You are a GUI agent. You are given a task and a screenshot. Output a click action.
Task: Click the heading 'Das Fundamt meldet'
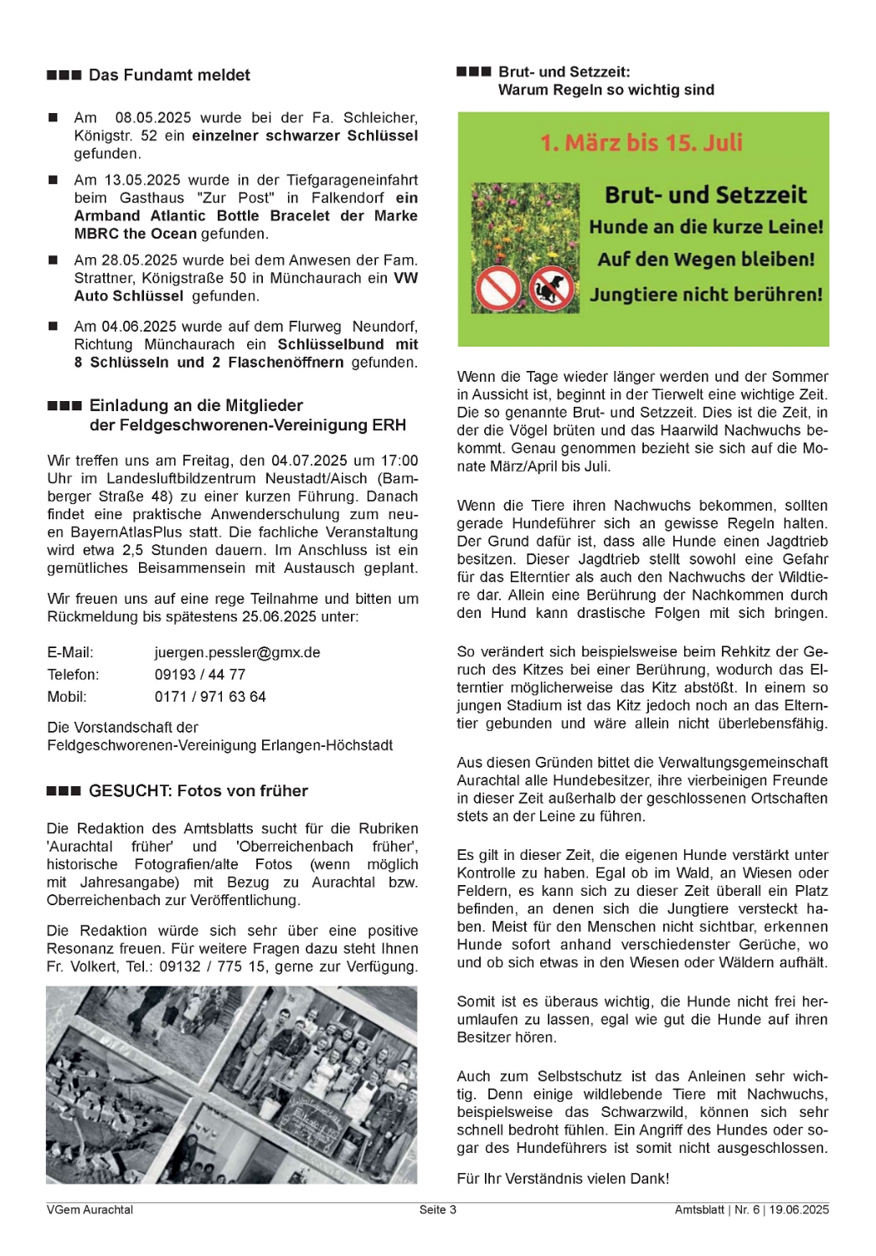[x=169, y=75]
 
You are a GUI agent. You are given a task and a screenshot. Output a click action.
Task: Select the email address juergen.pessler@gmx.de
[x=237, y=652]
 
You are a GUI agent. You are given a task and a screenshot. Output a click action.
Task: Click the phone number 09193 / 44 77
[x=200, y=674]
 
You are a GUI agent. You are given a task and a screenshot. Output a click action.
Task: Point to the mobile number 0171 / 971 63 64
[x=210, y=697]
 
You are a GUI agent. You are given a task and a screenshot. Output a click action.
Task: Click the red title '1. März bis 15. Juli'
[x=642, y=142]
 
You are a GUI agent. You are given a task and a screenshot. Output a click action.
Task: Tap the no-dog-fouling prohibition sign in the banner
[x=551, y=289]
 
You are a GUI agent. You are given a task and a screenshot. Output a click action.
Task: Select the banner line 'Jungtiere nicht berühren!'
[x=706, y=295]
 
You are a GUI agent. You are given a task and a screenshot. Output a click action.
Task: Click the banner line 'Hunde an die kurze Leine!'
[x=706, y=227]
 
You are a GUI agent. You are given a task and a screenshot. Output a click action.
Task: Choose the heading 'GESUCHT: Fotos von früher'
[x=198, y=791]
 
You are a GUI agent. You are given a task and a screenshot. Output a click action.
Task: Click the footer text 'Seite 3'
[x=438, y=1210]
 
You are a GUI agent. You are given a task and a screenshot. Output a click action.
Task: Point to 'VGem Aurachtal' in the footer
[x=90, y=1210]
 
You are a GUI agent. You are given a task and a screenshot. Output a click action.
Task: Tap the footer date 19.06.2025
[x=799, y=1210]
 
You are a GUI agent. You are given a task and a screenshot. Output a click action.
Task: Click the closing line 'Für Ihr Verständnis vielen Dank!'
[x=563, y=1179]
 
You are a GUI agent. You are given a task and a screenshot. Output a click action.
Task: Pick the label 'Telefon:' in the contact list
[x=73, y=674]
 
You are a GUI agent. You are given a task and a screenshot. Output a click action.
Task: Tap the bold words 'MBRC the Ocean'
[x=135, y=234]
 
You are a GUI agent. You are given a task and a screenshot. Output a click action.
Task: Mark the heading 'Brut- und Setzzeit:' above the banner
[x=564, y=72]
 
